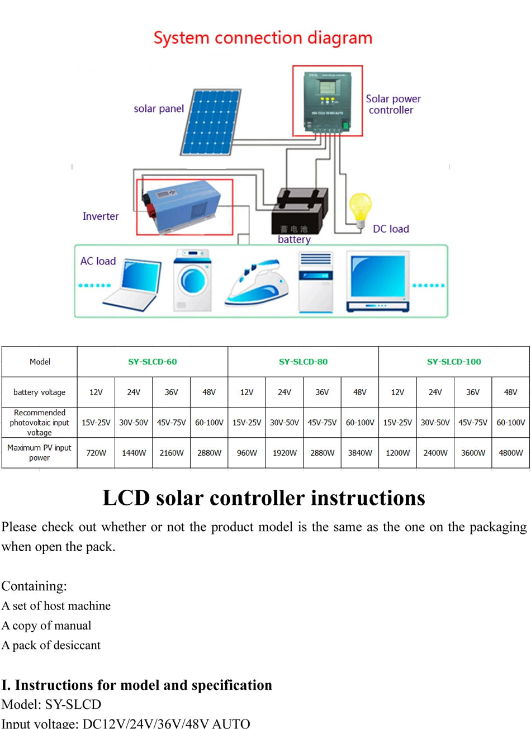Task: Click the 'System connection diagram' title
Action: pyautogui.click(x=263, y=38)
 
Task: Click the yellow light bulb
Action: pyautogui.click(x=361, y=207)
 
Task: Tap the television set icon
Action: pyautogui.click(x=377, y=281)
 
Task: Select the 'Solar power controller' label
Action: pyautogui.click(x=393, y=105)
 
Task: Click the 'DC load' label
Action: pyautogui.click(x=391, y=229)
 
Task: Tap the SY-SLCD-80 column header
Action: pyautogui.click(x=303, y=362)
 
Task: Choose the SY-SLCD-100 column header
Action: pyautogui.click(x=454, y=362)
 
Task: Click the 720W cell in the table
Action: pyautogui.click(x=96, y=453)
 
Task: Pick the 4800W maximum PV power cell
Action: pyautogui.click(x=510, y=453)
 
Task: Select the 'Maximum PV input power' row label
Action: pyautogui.click(x=40, y=453)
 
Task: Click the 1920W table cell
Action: pyautogui.click(x=285, y=453)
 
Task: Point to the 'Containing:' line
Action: pyautogui.click(x=34, y=586)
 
